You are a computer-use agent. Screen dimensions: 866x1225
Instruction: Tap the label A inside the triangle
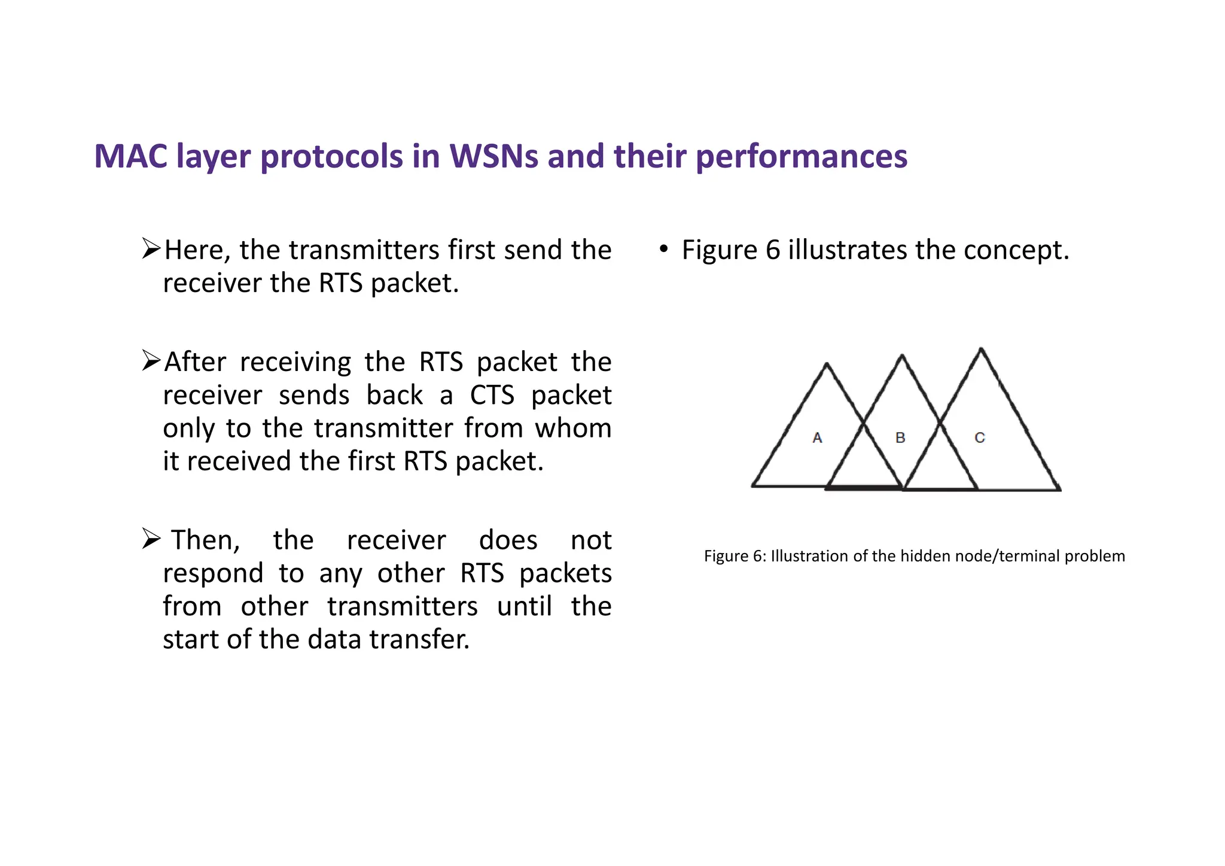[817, 438]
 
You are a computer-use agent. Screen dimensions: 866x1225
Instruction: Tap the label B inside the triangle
[900, 438]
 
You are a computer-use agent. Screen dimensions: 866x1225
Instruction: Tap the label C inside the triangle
[979, 438]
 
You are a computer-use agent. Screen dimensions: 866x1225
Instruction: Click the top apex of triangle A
[827, 364]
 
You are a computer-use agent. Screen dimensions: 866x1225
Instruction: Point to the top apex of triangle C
[981, 349]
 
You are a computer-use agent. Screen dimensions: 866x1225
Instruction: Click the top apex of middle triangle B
[902, 356]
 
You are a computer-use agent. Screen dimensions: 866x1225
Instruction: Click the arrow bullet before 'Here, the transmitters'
[151, 248]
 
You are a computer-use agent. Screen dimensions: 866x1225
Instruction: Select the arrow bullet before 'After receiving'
[151, 360]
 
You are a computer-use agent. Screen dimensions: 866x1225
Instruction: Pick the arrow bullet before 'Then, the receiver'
[151, 539]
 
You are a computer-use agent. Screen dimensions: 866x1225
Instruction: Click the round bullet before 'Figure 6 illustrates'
[663, 249]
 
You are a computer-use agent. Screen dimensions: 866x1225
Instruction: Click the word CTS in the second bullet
[492, 395]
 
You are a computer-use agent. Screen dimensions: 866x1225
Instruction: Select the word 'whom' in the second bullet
[572, 429]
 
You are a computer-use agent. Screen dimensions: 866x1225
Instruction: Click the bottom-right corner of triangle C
[1059, 490]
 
